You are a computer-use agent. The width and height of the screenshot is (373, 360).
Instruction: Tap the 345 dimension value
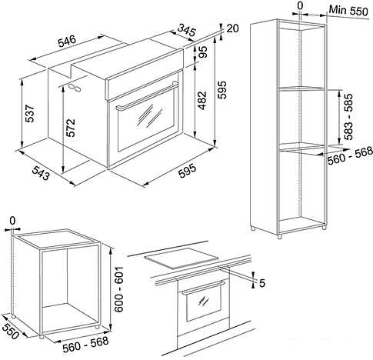click(187, 30)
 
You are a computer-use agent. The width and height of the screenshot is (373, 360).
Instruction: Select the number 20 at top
click(232, 28)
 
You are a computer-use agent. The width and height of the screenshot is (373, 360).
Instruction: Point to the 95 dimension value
click(203, 52)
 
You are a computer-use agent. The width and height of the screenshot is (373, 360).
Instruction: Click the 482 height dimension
click(202, 100)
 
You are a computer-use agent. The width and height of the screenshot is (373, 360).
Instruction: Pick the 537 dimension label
click(30, 113)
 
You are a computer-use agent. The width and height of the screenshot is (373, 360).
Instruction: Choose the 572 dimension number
click(71, 128)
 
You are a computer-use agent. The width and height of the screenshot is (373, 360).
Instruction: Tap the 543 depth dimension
click(41, 173)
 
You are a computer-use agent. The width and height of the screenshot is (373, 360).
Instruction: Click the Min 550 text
click(348, 11)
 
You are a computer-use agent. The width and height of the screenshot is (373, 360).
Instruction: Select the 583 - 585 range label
click(348, 117)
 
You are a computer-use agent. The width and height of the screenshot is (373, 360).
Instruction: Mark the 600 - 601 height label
click(118, 289)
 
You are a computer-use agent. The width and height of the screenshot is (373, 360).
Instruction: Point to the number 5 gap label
click(261, 283)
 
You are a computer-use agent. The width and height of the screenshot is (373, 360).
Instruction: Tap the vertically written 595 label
click(222, 90)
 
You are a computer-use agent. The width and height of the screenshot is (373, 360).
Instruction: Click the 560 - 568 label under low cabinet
click(85, 344)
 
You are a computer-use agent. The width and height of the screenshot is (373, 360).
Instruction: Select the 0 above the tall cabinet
click(301, 5)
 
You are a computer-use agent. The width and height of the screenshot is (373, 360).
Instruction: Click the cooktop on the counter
click(181, 258)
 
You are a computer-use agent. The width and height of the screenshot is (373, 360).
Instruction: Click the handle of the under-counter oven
click(204, 288)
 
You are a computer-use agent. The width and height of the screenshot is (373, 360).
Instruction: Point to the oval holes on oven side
click(75, 87)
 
